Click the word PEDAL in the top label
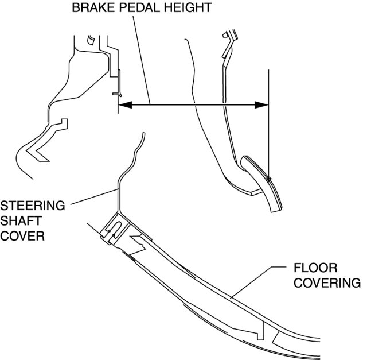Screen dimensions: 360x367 (128, 8)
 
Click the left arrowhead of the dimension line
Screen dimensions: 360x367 (124, 104)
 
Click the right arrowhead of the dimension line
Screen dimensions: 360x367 (263, 104)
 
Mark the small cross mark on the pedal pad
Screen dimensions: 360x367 (268, 179)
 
